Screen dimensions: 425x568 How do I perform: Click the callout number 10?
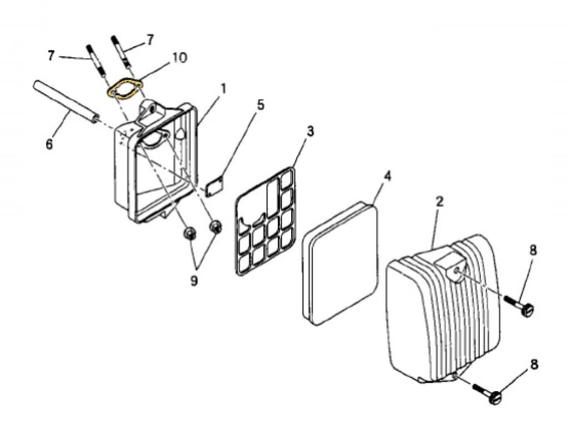[179, 58]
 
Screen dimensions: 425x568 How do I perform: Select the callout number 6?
[49, 145]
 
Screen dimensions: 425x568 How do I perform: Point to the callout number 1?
[224, 88]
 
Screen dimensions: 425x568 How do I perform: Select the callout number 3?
[310, 131]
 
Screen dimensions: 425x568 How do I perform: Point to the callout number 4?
[387, 176]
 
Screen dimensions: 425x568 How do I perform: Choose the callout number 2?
[439, 201]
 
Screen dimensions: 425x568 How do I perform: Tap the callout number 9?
[194, 281]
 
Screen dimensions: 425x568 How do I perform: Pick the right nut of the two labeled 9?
[216, 227]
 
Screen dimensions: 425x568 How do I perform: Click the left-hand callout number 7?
[52, 55]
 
